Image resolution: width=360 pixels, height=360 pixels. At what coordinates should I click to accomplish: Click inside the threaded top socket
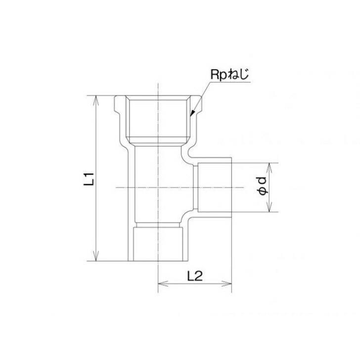pyautogui.click(x=158, y=119)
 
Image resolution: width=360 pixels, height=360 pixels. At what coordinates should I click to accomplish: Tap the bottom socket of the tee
pyautogui.click(x=158, y=242)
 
